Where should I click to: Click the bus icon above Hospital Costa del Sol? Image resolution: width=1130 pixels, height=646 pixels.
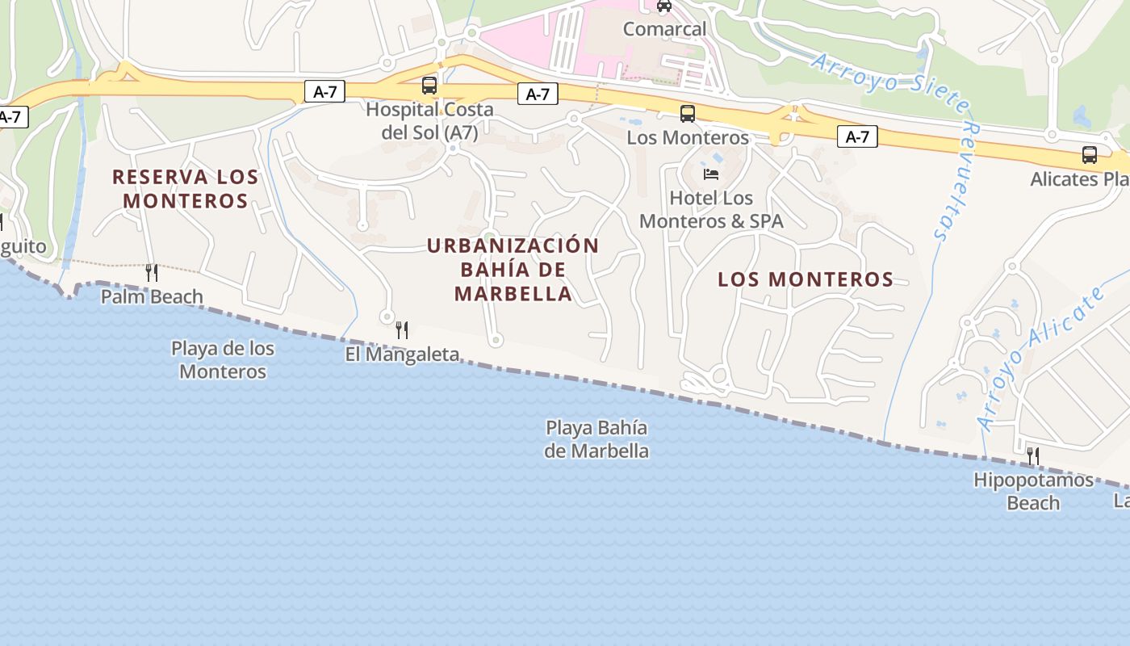(429, 85)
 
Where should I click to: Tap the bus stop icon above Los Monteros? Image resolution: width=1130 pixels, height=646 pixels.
(687, 114)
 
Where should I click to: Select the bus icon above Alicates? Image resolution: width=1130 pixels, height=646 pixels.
(1089, 155)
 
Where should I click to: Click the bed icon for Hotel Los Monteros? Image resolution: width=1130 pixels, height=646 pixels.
(710, 174)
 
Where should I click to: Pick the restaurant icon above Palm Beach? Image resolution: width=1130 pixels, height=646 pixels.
(151, 273)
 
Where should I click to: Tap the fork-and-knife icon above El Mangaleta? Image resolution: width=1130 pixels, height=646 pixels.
(402, 329)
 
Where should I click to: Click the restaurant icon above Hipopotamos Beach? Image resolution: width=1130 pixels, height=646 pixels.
(1032, 456)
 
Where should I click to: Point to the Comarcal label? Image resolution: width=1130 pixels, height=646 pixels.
(664, 29)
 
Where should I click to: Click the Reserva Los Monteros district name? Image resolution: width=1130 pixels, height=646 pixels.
(185, 188)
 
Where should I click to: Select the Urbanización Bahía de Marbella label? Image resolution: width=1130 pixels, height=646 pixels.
(513, 270)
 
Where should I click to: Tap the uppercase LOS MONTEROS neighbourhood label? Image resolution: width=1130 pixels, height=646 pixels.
(806, 279)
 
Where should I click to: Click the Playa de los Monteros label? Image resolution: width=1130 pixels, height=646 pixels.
(223, 360)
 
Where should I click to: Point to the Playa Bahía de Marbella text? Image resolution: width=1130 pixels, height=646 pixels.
(596, 439)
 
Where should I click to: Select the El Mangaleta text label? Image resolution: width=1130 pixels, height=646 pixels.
(402, 354)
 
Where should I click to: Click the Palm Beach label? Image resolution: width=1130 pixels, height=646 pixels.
(152, 297)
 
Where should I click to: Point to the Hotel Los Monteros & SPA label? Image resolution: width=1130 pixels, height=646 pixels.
(711, 209)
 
